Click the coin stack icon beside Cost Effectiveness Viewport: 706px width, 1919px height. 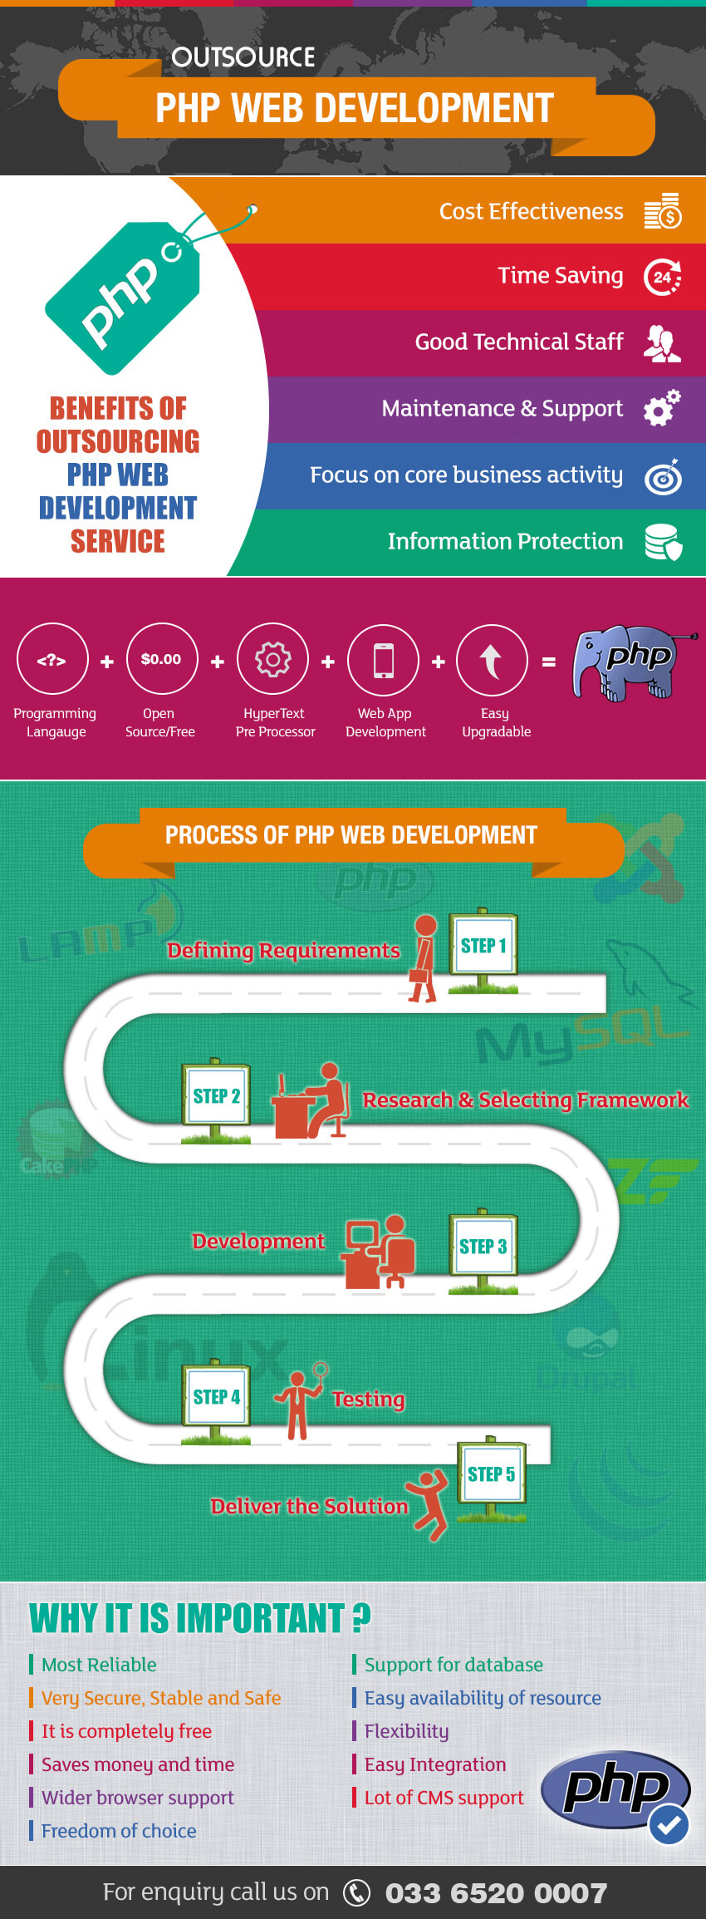663,211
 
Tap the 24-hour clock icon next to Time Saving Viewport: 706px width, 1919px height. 663,277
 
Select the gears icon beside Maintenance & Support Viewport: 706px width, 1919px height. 662,408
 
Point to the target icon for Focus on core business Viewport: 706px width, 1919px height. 663,476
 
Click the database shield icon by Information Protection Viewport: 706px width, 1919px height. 663,542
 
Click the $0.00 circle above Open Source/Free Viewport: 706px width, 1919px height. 162,659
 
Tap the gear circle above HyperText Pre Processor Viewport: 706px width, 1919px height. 272,660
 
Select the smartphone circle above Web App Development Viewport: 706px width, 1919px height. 383,660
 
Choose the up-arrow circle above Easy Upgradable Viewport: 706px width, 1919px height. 492,660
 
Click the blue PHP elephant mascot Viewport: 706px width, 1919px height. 627,662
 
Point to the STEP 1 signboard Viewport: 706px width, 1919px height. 483,945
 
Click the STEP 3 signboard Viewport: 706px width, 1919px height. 483,1246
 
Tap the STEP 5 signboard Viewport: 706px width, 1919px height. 491,1474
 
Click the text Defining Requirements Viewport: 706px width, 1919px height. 283,951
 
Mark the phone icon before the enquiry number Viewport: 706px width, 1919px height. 356,1892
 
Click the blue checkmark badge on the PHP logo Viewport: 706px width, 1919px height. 669,1824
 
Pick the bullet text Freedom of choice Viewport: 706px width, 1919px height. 119,1831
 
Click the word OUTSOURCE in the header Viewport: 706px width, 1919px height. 243,57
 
